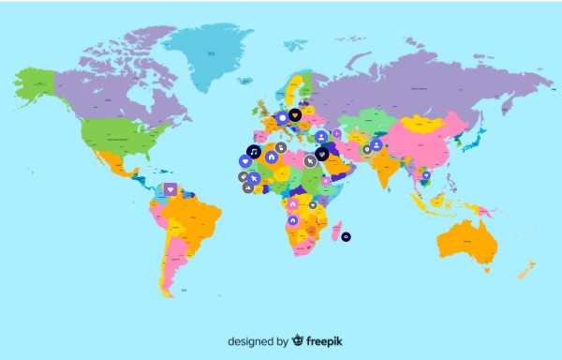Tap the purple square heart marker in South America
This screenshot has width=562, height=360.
(x=170, y=188)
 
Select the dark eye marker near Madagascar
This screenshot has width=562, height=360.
(x=346, y=236)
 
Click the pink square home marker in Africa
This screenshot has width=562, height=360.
(x=292, y=203)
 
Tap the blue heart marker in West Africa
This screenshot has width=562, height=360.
(x=244, y=161)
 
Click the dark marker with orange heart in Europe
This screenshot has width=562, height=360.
(x=294, y=115)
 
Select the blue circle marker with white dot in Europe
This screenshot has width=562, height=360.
(x=282, y=119)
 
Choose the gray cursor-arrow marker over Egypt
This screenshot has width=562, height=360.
(x=309, y=159)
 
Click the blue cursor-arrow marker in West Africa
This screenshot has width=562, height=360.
(x=252, y=177)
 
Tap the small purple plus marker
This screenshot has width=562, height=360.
(x=337, y=133)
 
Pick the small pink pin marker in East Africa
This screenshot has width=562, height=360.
(x=325, y=181)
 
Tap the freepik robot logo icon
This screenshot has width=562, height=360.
(x=297, y=341)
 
